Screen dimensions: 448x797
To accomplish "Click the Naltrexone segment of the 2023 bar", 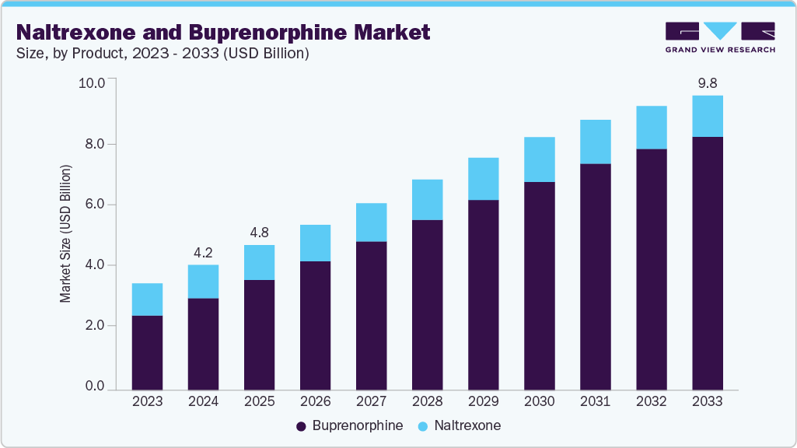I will (147, 299).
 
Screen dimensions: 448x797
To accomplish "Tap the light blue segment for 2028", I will (427, 200).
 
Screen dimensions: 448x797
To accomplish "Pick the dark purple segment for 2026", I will (315, 325).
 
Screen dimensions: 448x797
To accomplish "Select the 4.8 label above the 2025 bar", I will (259, 232).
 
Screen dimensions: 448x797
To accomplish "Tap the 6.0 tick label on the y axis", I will (94, 205).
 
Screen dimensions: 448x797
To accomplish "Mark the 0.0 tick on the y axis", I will (94, 387).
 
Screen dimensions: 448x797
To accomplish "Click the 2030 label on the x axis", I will (539, 402).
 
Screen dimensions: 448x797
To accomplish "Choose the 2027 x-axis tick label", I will (371, 402).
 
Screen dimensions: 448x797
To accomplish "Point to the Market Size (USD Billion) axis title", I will (66, 233).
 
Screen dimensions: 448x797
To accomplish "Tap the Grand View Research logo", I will (719, 37).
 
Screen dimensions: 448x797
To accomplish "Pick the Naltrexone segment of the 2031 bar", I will (596, 142).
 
